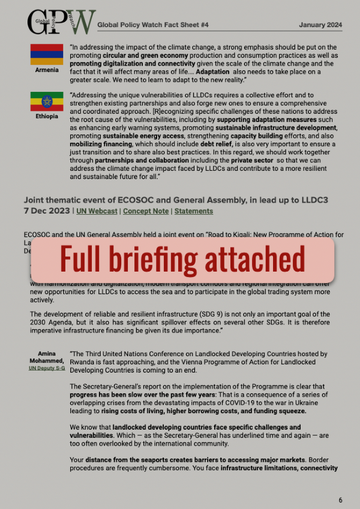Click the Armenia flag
coord(46,54)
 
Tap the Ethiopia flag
coord(46,101)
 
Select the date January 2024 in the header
coord(320,25)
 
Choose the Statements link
coord(194,211)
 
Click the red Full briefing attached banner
coord(182,260)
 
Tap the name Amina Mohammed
coord(46,357)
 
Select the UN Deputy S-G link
coord(46,368)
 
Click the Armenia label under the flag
coord(46,70)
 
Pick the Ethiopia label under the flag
coord(46,116)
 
